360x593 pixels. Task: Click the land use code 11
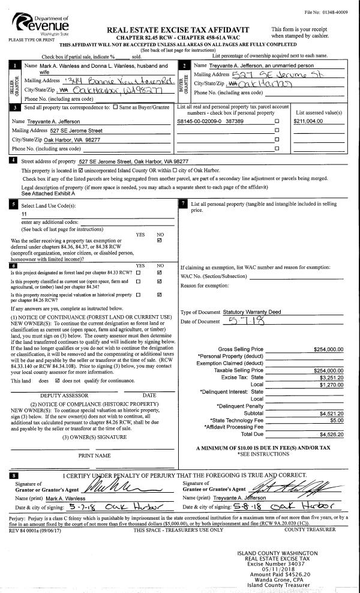(x=24, y=214)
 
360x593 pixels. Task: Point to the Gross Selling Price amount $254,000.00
(x=328, y=349)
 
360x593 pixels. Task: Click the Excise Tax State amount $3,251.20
(x=331, y=378)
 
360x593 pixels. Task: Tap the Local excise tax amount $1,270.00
(x=331, y=385)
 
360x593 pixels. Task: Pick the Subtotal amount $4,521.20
(x=331, y=413)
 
